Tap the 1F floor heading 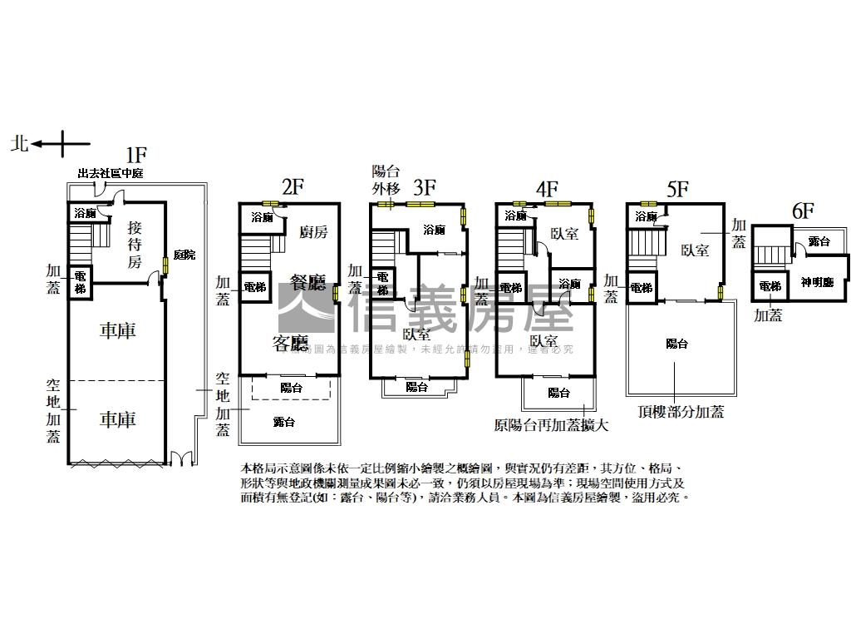136,155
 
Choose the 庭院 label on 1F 184,255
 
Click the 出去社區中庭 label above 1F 111,174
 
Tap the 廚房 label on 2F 313,232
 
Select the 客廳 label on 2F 290,343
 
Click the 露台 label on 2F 284,422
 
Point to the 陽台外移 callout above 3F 385,179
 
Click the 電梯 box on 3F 382,285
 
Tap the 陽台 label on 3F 417,386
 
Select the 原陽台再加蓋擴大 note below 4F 552,426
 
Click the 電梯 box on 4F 511,288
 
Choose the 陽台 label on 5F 677,344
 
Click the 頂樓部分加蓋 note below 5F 681,412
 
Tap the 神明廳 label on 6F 817,282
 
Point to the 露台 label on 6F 819,241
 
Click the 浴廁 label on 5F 646,216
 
